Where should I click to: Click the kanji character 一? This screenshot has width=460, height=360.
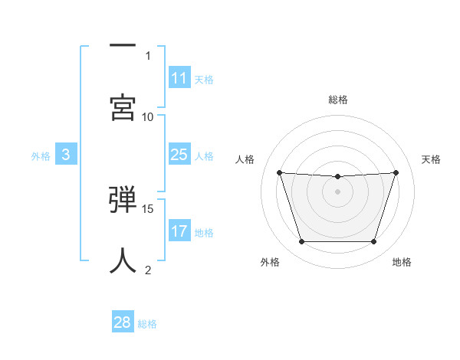pos(123,46)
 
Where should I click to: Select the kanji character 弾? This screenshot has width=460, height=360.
pos(123,201)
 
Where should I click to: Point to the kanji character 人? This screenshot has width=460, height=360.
pos(123,260)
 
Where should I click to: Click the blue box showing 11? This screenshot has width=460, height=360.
pos(179,78)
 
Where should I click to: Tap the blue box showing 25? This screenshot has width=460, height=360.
pos(179,155)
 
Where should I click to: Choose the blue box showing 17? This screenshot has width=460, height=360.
pos(179,231)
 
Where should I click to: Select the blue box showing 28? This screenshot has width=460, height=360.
pos(123,322)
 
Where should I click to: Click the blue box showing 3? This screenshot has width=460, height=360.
pos(66,155)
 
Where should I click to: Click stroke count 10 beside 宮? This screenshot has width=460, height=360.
pos(148,116)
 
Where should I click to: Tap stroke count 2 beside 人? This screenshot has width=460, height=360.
pos(149,270)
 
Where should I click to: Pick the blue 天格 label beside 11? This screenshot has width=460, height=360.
pos(204,79)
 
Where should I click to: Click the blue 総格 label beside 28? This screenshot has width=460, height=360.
pos(148,323)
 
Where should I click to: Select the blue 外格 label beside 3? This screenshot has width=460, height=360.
pos(41,155)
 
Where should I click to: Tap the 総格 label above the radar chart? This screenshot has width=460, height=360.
pos(337,100)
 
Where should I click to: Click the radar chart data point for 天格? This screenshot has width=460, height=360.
pos(396,172)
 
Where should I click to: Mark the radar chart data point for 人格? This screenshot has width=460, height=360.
pos(279,172)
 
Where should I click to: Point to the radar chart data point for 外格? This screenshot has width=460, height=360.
pos(301,242)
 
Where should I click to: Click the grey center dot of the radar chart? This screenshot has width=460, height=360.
pos(337,191)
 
